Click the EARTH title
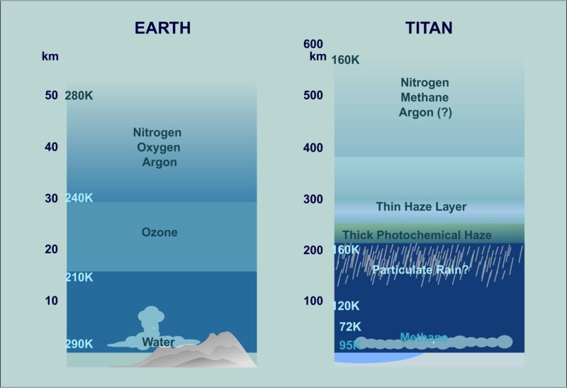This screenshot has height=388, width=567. pyautogui.click(x=163, y=28)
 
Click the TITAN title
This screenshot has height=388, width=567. pyautogui.click(x=429, y=28)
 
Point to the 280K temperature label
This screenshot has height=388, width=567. pyautogui.click(x=79, y=96)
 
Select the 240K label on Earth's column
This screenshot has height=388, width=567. pyautogui.click(x=79, y=198)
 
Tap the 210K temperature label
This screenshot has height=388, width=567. pyautogui.click(x=79, y=277)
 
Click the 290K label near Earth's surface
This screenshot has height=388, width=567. pyautogui.click(x=79, y=344)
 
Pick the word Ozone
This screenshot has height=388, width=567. pyautogui.click(x=159, y=232)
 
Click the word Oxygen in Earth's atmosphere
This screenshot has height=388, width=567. pyautogui.click(x=158, y=148)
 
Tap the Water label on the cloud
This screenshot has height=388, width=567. pyautogui.click(x=158, y=342)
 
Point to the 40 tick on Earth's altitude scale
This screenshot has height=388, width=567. pyautogui.click(x=51, y=147)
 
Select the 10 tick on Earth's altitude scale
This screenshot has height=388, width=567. pyautogui.click(x=51, y=301)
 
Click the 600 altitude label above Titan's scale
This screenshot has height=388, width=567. pyautogui.click(x=313, y=44)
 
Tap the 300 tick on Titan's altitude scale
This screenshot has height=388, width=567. pyautogui.click(x=313, y=199)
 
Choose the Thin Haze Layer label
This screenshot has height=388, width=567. pyautogui.click(x=421, y=206)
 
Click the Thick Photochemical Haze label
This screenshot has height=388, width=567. pyautogui.click(x=417, y=235)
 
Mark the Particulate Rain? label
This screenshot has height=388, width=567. pyautogui.click(x=420, y=270)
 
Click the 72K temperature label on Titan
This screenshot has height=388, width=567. pyautogui.click(x=350, y=327)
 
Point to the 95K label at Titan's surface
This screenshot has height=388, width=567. pyautogui.click(x=349, y=345)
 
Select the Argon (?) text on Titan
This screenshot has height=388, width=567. pyautogui.click(x=425, y=113)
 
